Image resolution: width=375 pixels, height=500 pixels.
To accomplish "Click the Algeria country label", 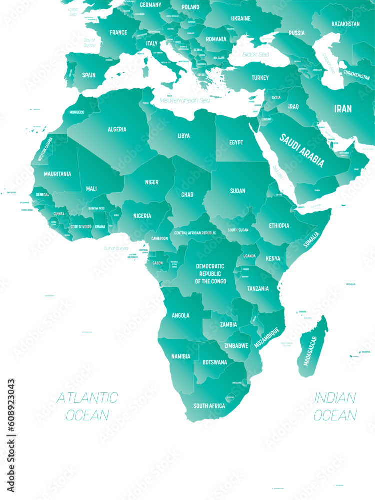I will (117, 129).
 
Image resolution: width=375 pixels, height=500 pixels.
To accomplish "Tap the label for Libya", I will (183, 135).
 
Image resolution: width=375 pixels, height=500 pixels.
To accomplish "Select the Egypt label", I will (236, 142).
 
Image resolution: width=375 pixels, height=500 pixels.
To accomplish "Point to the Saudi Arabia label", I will (302, 150).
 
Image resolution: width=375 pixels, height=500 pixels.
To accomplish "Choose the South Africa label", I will (209, 406).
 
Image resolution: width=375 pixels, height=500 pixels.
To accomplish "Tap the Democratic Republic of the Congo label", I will (210, 274).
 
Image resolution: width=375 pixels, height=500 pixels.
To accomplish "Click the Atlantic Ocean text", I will (87, 406).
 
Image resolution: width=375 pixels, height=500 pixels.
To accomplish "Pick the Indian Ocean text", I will (335, 406).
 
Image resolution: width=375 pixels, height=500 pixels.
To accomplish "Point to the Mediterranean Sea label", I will (185, 100).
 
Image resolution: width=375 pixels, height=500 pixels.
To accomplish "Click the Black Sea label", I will (256, 54).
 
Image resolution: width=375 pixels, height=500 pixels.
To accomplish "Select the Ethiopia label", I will (279, 226).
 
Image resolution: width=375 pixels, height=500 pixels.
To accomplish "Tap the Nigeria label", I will (142, 216).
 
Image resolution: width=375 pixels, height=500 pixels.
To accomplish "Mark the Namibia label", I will (180, 356).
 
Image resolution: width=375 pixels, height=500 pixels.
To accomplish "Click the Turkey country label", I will (260, 78).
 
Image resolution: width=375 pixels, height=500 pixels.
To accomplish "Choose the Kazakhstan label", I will (345, 24).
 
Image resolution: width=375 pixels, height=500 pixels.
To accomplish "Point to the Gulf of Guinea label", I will (116, 248).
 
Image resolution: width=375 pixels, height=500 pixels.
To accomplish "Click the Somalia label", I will (310, 240).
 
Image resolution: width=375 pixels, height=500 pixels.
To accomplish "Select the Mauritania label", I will (57, 174).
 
